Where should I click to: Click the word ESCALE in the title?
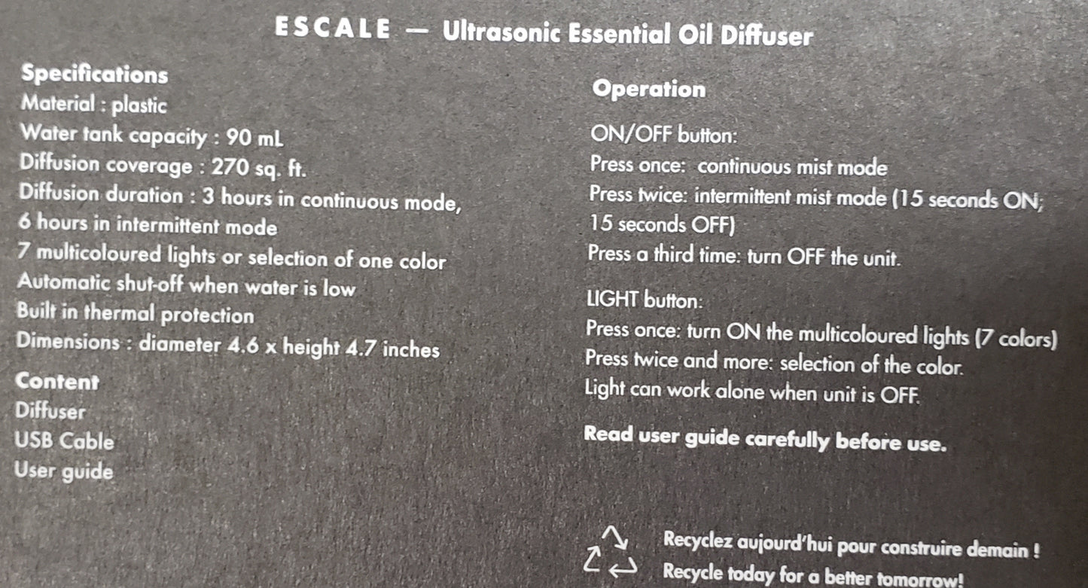pyautogui.click(x=333, y=29)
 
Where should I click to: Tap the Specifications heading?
pyautogui.click(x=94, y=74)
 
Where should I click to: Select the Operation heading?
pyautogui.click(x=648, y=89)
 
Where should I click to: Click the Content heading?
pyautogui.click(x=56, y=382)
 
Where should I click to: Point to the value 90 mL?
pyautogui.click(x=249, y=138)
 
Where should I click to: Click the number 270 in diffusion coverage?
pyautogui.click(x=230, y=166)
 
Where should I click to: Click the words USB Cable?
pyautogui.click(x=64, y=441)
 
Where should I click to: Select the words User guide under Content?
pyautogui.click(x=64, y=472)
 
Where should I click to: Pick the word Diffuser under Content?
pyautogui.click(x=50, y=412)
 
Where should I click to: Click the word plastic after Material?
pyautogui.click(x=139, y=105)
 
